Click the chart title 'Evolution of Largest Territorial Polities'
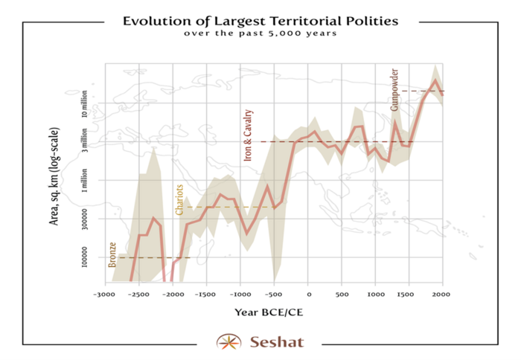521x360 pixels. tap(260, 21)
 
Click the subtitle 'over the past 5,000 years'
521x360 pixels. tap(260, 33)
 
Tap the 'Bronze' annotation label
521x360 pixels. tap(112, 254)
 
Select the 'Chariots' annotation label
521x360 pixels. tap(179, 199)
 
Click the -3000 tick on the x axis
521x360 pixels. tap(105, 294)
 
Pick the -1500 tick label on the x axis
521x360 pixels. tap(206, 294)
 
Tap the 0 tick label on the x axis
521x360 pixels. tap(308, 294)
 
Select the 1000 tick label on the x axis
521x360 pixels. tap(375, 294)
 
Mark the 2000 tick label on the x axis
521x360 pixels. tap(443, 294)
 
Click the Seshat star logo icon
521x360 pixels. tap(228, 342)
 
